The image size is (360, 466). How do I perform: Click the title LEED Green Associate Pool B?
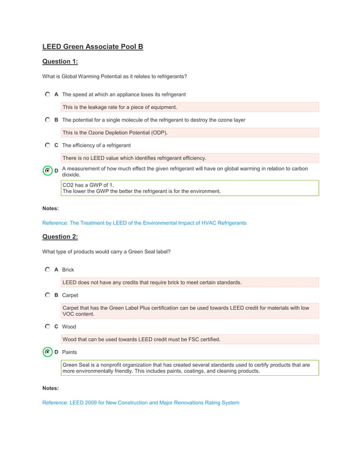point(93,46)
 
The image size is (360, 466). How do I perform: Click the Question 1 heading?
point(60,61)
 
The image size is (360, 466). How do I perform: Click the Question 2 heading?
point(60,236)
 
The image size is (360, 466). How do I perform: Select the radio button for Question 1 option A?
point(48,94)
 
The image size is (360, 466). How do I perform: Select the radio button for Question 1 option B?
point(48,120)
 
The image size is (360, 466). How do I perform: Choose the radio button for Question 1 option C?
point(48,146)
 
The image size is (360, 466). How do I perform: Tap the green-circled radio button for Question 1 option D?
point(48,171)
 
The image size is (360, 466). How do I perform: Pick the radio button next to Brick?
point(48,270)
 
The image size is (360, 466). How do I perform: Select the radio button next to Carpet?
point(48,295)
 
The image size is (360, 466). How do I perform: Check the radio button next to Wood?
point(48,327)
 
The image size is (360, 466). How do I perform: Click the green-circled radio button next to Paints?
point(48,352)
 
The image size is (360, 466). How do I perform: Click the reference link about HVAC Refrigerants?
point(144,223)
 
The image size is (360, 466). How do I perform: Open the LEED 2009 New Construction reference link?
point(141,403)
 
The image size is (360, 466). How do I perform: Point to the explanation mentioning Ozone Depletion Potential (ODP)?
point(190,133)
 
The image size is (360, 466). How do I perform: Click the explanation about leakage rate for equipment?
point(190,107)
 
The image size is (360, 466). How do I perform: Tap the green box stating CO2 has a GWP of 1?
point(190,188)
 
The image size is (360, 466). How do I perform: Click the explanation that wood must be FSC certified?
point(190,339)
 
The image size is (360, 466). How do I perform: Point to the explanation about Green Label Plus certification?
point(190,311)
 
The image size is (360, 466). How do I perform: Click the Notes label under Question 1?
point(50,209)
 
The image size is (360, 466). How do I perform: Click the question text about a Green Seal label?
point(106,252)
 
